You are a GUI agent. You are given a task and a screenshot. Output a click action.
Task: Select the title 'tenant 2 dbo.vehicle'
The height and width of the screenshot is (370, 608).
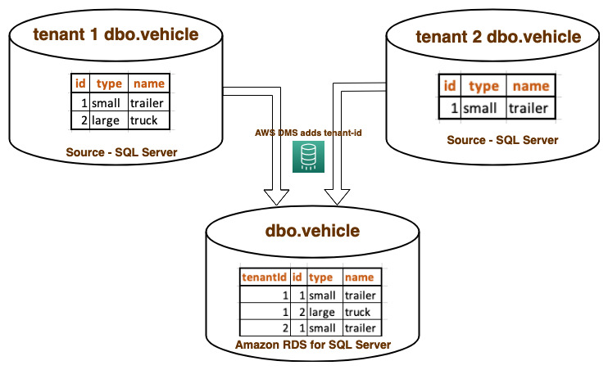click(498, 37)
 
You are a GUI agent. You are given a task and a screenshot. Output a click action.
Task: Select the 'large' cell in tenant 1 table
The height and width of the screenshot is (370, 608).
click(107, 120)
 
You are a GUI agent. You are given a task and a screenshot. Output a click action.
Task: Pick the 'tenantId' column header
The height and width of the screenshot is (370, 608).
click(264, 277)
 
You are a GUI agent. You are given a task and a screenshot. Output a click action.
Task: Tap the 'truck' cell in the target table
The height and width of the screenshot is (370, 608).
click(358, 312)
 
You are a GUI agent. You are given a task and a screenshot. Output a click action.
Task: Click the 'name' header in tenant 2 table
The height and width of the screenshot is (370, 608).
click(529, 86)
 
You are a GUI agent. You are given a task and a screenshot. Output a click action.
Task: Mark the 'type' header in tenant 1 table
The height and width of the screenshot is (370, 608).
click(109, 83)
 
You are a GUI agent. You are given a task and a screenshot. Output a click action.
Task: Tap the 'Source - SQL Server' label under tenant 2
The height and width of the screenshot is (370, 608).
click(502, 140)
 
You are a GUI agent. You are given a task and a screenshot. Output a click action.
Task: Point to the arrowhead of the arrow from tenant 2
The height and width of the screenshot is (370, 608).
click(335, 196)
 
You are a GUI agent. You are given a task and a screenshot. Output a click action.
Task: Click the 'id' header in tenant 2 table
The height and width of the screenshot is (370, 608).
click(450, 86)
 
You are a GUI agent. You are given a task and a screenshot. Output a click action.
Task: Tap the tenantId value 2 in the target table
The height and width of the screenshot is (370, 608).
click(284, 328)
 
